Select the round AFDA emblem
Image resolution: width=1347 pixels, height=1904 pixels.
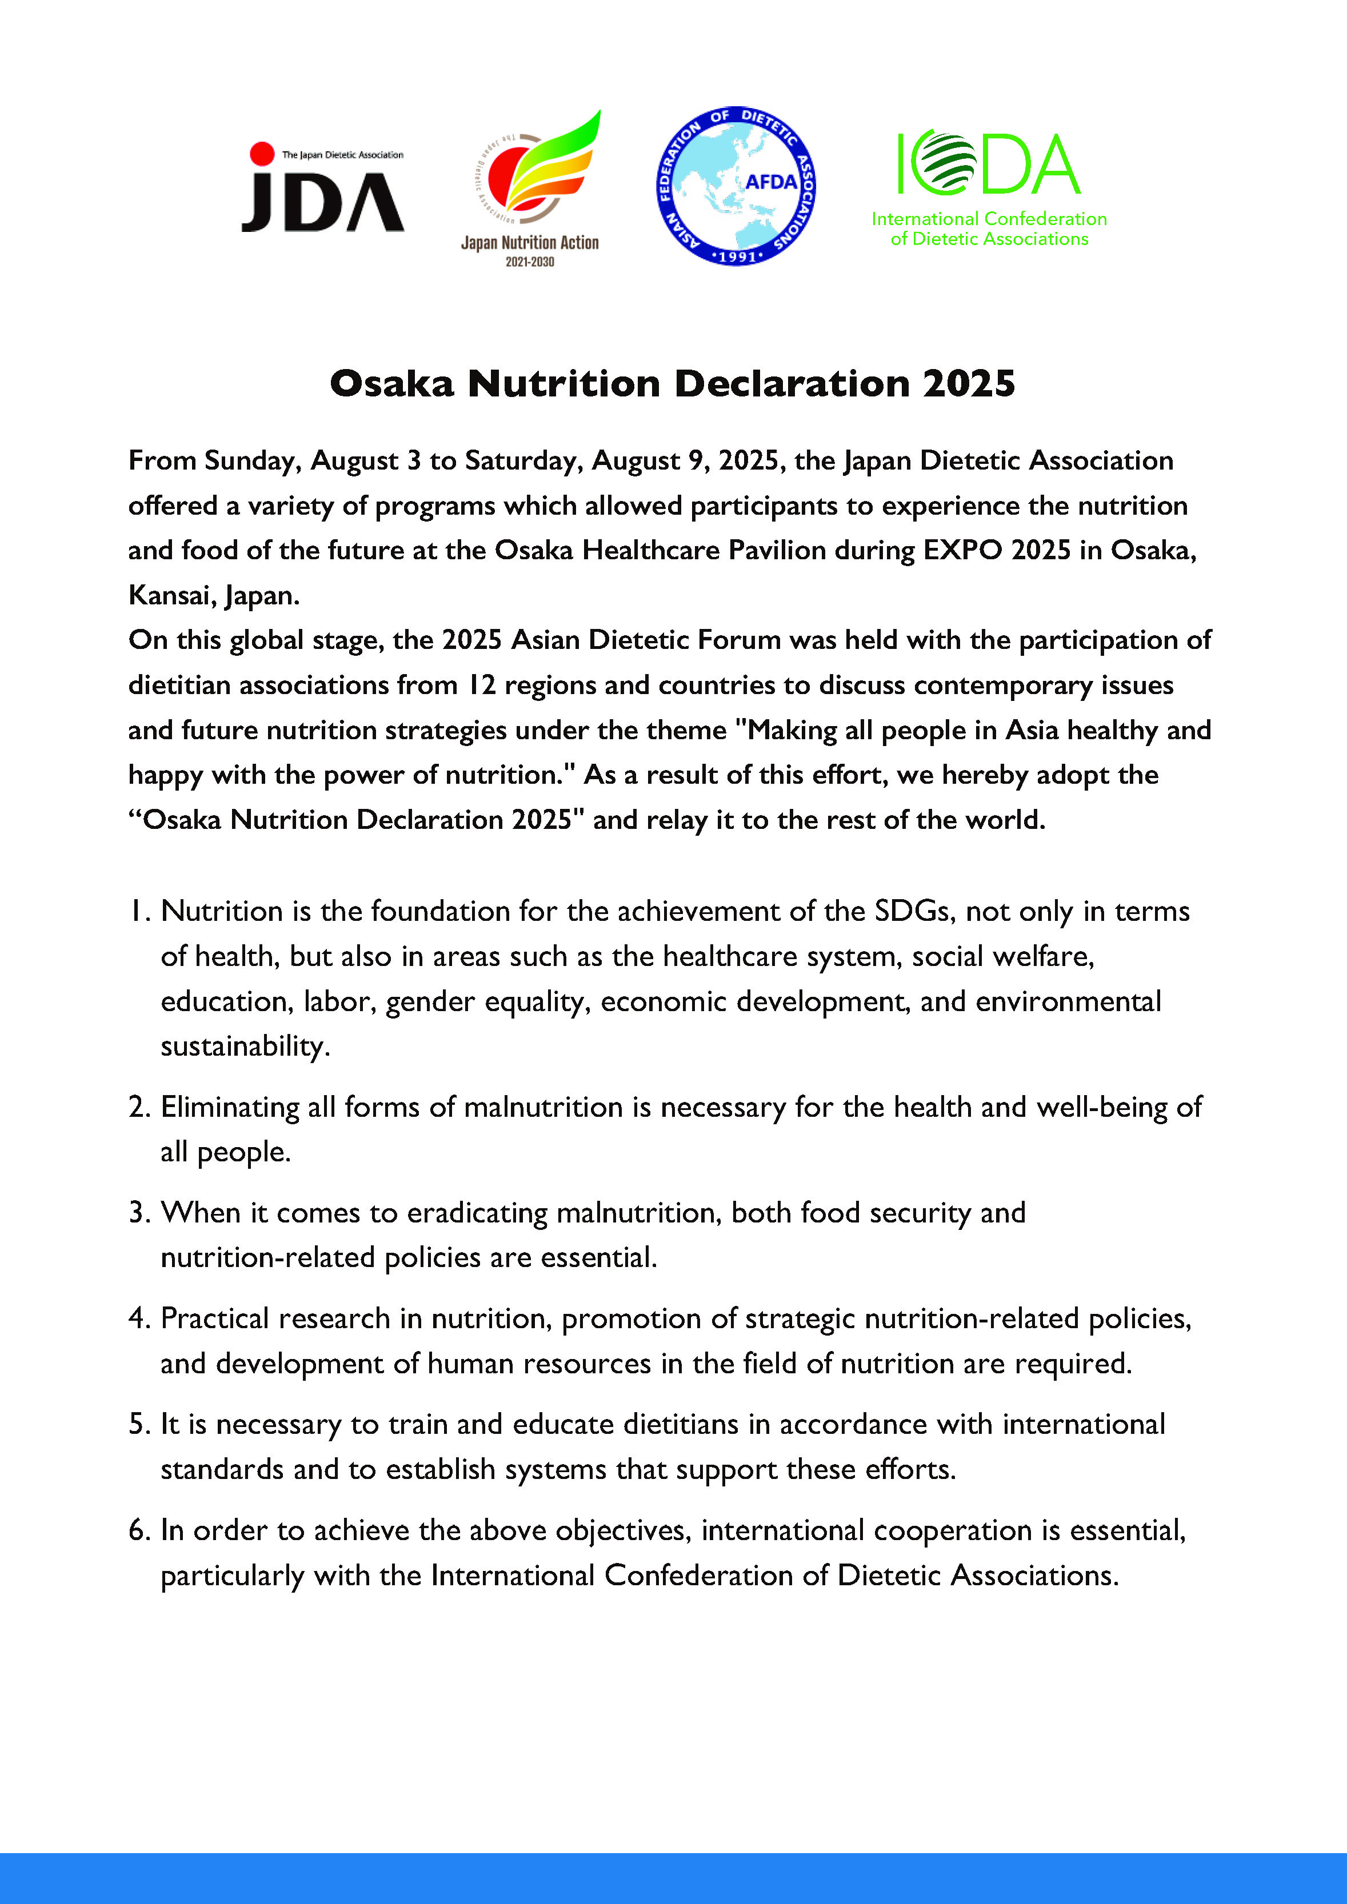735,186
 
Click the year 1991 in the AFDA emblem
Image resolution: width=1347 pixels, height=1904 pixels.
737,256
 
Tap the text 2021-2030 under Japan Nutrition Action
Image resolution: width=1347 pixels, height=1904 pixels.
530,262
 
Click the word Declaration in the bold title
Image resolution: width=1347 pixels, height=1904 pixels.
792,384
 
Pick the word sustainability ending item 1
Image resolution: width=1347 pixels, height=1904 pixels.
245,1047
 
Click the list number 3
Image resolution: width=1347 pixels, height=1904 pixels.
138,1213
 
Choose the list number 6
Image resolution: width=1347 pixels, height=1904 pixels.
138,1530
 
